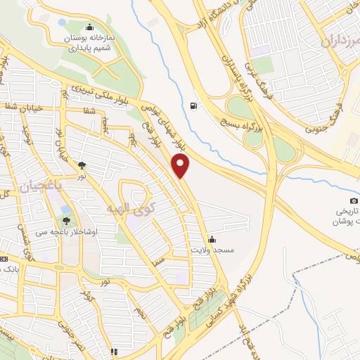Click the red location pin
[x=181, y=165]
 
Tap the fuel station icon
[x=193, y=107]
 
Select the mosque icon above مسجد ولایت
[x=212, y=240]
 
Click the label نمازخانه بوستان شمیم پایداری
[x=88, y=43]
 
